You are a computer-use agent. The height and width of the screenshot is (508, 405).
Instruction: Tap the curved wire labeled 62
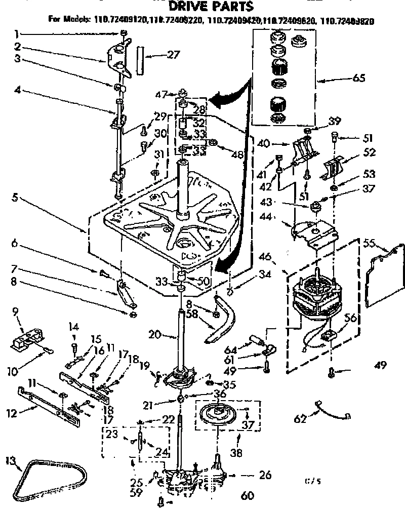click(x=332, y=411)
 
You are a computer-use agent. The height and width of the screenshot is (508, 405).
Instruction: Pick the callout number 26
click(x=264, y=475)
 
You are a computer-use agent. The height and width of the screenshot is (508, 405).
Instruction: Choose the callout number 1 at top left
click(x=16, y=34)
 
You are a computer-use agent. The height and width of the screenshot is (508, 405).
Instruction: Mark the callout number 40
click(x=263, y=143)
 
